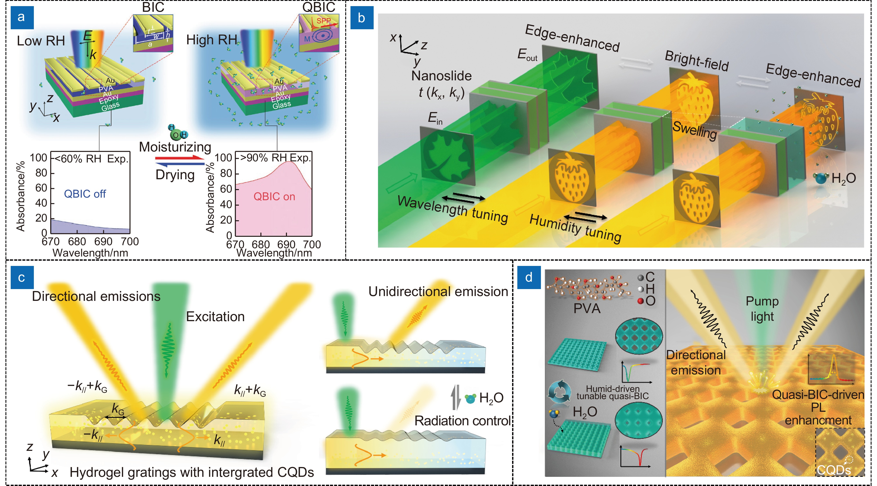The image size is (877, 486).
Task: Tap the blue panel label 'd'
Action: point(529,277)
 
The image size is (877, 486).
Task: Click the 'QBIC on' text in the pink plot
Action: point(274,197)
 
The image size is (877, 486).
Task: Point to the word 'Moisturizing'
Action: point(175,147)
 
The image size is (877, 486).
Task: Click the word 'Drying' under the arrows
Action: point(175,175)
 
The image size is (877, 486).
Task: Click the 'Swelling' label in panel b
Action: point(694,130)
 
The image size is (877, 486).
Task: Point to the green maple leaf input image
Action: point(447,157)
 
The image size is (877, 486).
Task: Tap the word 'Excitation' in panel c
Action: point(215,317)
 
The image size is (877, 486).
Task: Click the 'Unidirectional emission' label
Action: point(438,292)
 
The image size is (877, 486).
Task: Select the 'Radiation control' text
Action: point(462,421)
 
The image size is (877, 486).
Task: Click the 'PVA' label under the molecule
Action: point(587,308)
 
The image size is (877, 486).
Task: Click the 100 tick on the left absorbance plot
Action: point(38,158)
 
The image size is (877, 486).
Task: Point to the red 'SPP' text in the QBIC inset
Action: point(323,21)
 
